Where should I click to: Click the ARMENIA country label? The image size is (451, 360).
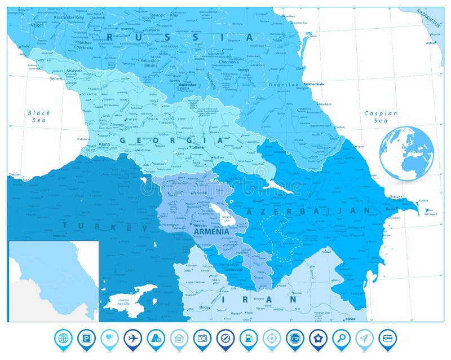tap(211, 231)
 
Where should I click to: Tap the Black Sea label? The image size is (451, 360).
tap(39, 116)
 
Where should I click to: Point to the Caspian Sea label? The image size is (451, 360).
tap(381, 117)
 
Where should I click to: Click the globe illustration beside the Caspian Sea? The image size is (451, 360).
tap(406, 153)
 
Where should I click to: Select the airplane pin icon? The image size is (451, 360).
tap(132, 339)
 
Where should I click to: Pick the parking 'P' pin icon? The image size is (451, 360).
tap(86, 339)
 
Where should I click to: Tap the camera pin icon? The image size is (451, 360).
tap(202, 339)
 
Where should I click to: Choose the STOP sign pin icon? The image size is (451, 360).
tap(294, 339)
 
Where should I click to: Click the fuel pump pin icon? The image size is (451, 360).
tap(248, 339)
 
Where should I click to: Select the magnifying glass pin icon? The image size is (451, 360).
tap(341, 339)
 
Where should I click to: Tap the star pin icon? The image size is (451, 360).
tap(317, 339)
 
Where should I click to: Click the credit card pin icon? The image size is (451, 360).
tap(387, 339)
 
